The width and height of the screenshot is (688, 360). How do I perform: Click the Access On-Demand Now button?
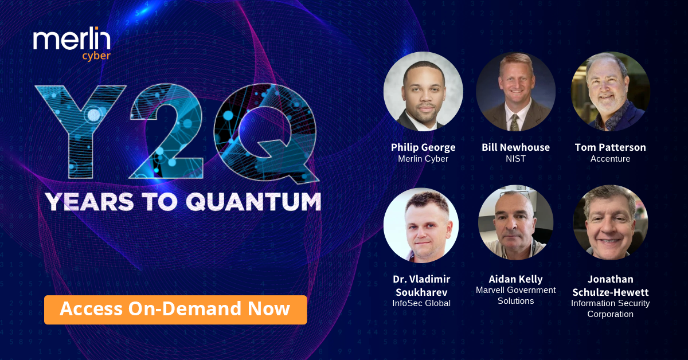click(175, 310)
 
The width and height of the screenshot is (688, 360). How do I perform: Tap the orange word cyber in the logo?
click(96, 56)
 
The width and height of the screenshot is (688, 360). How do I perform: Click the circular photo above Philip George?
click(423, 92)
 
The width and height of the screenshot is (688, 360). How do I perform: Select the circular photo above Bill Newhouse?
click(515, 92)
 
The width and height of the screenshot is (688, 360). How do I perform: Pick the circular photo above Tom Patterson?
click(610, 92)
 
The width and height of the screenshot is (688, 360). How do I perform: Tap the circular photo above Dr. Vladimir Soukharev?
click(421, 225)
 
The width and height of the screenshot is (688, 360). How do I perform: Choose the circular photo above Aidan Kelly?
click(515, 223)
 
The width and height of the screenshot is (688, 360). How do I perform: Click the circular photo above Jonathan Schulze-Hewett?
click(610, 223)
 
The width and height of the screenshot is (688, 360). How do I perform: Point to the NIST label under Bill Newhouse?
click(515, 159)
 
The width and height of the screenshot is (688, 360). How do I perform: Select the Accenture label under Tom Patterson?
click(610, 159)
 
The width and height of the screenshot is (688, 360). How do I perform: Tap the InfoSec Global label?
click(421, 303)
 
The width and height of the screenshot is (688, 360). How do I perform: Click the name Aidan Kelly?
click(515, 279)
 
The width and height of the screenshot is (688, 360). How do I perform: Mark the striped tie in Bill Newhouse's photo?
click(515, 122)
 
